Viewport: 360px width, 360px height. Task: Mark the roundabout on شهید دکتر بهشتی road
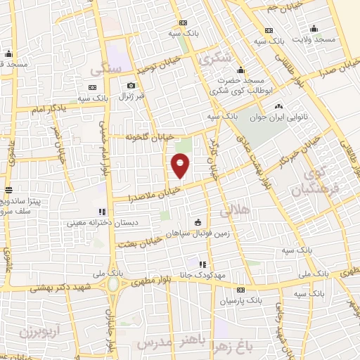112,285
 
